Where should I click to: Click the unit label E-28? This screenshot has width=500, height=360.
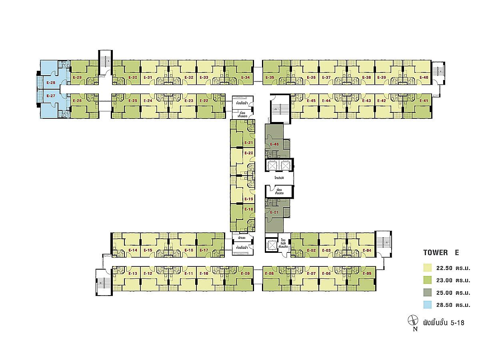51,82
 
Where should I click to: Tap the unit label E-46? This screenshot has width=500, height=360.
274,144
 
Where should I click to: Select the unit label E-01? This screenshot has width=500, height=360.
274,212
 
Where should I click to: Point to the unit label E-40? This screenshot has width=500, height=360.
424,77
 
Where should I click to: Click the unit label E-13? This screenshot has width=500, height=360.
133,274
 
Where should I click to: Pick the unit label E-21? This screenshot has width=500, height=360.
248,143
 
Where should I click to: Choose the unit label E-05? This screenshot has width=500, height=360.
367,274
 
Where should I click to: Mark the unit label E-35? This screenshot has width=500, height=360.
269,77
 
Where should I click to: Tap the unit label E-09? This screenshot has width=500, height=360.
245,274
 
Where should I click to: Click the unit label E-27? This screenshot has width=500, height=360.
51,96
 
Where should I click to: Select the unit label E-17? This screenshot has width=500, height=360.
204,250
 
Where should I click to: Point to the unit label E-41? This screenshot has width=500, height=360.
424,101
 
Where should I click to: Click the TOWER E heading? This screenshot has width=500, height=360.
441,253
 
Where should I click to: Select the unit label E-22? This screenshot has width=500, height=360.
204,101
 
